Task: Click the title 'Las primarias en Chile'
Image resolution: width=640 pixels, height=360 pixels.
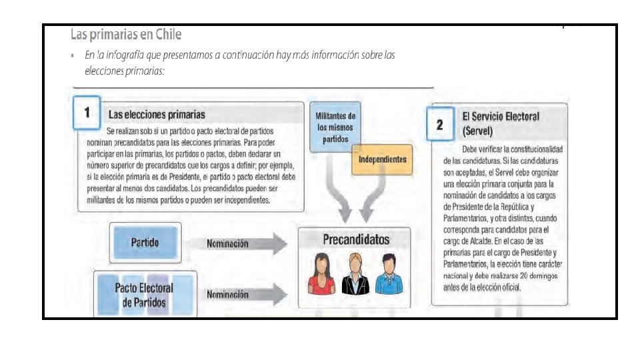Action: [126, 34]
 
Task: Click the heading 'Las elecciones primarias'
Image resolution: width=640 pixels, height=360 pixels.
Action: [156, 115]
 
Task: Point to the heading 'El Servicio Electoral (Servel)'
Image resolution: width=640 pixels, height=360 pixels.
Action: [500, 122]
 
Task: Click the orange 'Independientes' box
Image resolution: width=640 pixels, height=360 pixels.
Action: [382, 160]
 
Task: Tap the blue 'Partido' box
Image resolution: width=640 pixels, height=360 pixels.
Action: [145, 243]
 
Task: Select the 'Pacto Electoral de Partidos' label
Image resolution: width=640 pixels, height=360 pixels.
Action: [144, 295]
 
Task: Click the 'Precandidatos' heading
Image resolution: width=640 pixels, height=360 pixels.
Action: [356, 239]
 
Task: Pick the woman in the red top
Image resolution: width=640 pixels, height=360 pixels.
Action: [319, 275]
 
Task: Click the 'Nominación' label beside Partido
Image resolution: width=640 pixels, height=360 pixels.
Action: [227, 244]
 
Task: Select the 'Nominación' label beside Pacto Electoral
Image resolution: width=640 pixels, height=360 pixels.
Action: [227, 294]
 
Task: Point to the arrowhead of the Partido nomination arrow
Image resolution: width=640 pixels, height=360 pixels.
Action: [281, 244]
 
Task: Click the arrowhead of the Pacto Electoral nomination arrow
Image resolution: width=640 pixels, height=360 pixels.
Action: [281, 294]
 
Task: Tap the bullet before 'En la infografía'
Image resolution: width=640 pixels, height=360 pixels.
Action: [72, 56]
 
